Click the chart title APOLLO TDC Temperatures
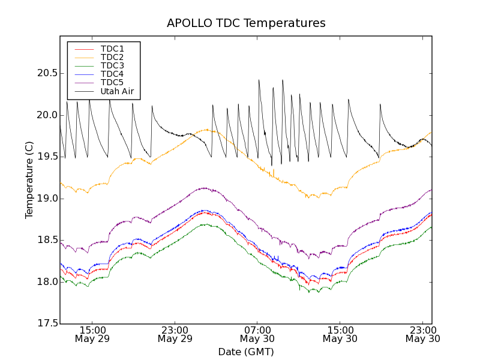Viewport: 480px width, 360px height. click(x=246, y=23)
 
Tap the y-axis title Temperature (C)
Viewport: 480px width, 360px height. click(x=29, y=180)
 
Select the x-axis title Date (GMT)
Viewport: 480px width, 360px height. click(x=246, y=352)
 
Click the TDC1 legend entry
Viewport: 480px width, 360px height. click(x=112, y=49)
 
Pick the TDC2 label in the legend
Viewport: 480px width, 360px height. click(x=112, y=57)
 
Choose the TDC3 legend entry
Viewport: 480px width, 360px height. click(x=112, y=65)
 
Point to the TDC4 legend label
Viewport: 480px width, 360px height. click(x=112, y=74)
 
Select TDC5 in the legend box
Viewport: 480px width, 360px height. click(x=112, y=83)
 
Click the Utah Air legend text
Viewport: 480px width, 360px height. click(x=117, y=92)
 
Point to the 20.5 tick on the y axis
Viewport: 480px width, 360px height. click(x=47, y=73)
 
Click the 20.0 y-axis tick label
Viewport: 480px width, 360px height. click(x=47, y=115)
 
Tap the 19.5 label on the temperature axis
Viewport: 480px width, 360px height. click(x=47, y=157)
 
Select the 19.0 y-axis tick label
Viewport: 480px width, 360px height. click(x=47, y=199)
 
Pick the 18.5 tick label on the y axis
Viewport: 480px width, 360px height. click(x=47, y=240)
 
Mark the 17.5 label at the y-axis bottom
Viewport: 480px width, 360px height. click(x=47, y=324)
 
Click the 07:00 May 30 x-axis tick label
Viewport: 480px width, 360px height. click(x=257, y=334)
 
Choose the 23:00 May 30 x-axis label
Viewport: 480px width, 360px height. click(x=422, y=334)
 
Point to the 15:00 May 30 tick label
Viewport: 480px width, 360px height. click(x=340, y=334)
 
